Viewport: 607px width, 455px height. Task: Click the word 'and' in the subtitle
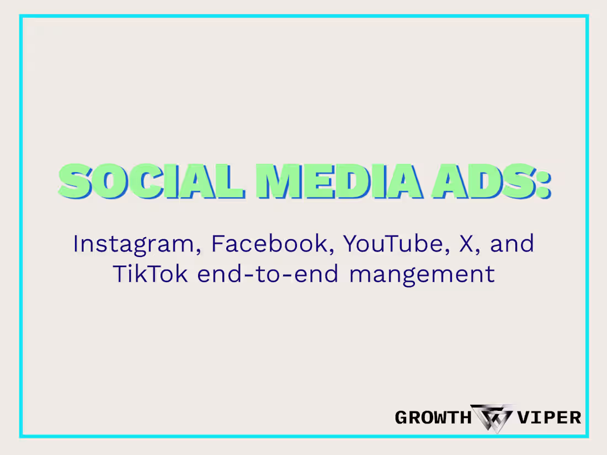click(512, 243)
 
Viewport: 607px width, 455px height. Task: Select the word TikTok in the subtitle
click(150, 274)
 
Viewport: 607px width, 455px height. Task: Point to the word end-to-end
click(268, 274)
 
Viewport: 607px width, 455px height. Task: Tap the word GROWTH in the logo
click(431, 417)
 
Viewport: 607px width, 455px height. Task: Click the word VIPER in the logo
click(549, 417)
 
